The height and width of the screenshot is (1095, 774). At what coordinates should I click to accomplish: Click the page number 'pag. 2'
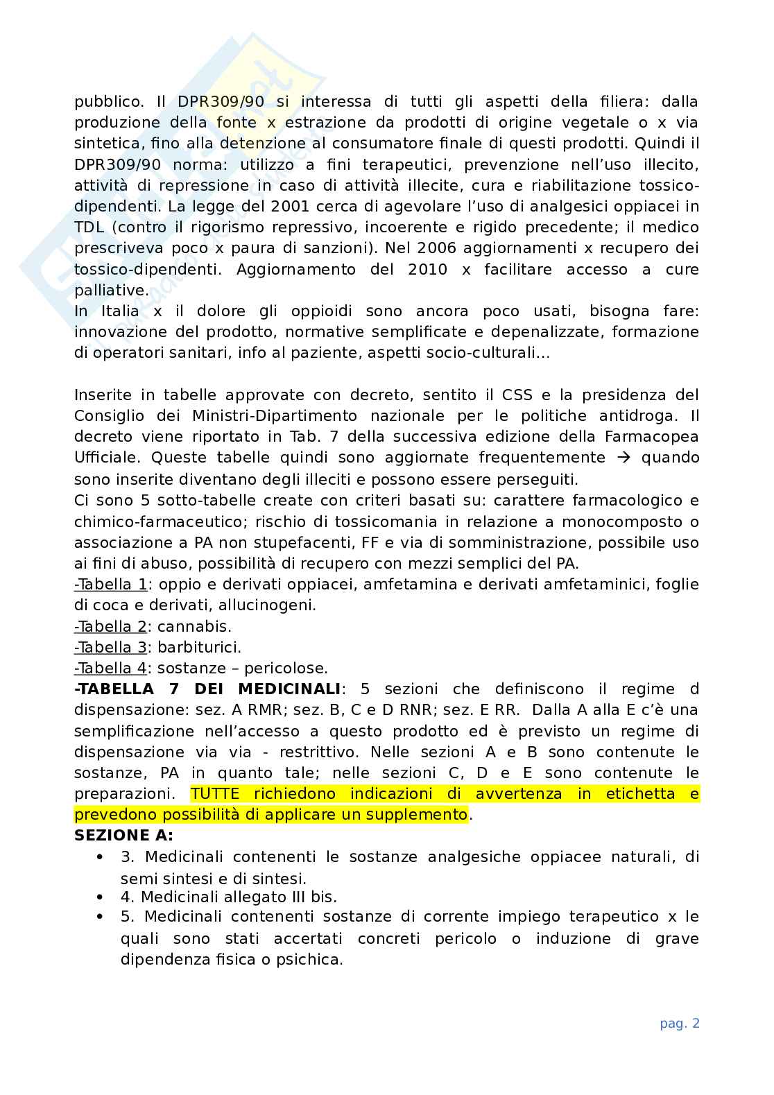[680, 1024]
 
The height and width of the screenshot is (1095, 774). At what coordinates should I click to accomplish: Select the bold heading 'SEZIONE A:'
[123, 835]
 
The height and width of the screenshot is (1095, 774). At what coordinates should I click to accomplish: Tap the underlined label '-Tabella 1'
[110, 585]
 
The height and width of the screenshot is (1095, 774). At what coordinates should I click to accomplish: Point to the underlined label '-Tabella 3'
[110, 647]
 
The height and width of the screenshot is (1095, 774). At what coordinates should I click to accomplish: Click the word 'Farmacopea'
[655, 436]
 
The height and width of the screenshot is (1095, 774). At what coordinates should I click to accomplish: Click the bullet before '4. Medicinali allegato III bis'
[101, 897]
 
